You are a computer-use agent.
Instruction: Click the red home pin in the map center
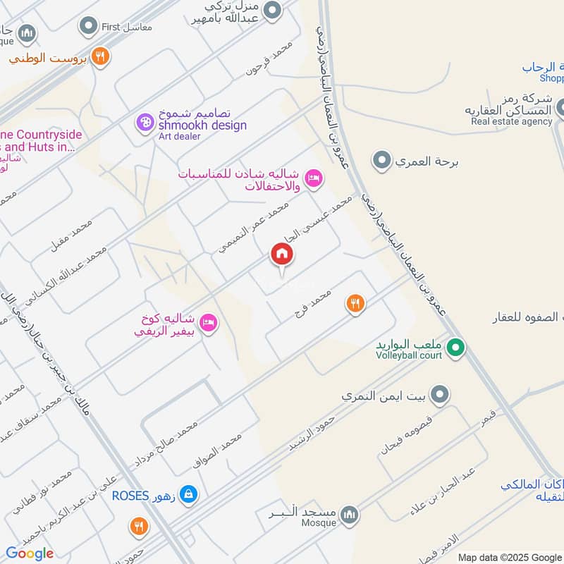click(281, 255)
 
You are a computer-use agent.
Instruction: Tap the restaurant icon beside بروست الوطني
click(101, 56)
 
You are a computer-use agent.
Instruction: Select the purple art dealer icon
click(145, 123)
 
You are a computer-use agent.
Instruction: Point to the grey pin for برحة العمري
click(382, 161)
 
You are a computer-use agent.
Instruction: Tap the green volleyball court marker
click(456, 346)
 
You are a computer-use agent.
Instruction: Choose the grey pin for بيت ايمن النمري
click(441, 396)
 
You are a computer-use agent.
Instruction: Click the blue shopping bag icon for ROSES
click(188, 495)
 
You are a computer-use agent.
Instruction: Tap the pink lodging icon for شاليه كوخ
click(209, 323)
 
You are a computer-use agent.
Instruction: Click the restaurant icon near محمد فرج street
click(355, 303)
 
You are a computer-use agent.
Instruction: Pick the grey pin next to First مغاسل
click(88, 27)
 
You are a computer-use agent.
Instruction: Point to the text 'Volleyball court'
click(409, 355)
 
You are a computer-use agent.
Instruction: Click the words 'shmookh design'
click(202, 125)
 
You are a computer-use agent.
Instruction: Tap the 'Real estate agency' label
click(512, 121)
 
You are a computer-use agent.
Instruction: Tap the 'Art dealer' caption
click(177, 136)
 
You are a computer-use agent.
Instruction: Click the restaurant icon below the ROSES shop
click(138, 526)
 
